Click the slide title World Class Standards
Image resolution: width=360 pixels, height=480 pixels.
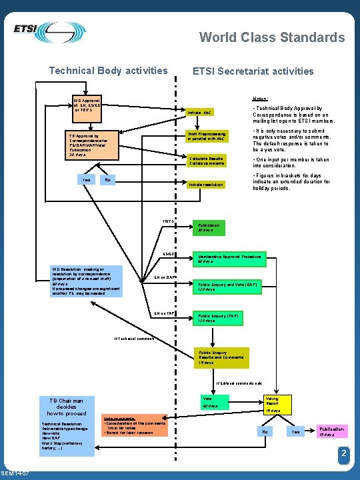pos(272,37)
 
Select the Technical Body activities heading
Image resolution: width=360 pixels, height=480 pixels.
pos(109,70)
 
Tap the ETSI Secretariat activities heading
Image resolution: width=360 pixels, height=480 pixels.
pos(253,71)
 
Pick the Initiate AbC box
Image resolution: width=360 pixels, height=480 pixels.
pos(208,112)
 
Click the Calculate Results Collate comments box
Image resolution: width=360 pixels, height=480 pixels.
pos(208,161)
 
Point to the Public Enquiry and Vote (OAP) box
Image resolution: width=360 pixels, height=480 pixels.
pos(227,286)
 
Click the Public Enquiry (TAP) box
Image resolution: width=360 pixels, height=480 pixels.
pos(221,317)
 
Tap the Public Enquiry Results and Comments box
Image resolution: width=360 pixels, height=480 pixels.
pos(221,357)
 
